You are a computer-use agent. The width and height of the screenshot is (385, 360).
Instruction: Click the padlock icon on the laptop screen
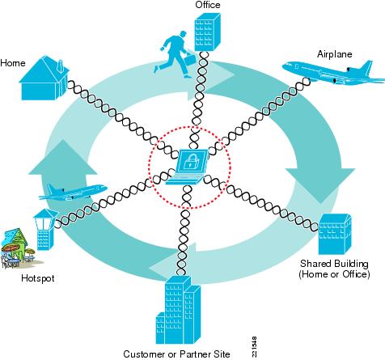click(190, 162)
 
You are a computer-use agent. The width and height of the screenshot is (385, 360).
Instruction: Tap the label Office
click(208, 5)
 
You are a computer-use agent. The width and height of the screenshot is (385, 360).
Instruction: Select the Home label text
click(13, 63)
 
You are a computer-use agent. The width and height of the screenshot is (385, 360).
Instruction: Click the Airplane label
click(335, 54)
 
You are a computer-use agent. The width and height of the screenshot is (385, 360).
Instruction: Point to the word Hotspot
click(38, 278)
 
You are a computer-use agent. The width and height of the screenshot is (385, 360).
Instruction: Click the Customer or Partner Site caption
click(176, 354)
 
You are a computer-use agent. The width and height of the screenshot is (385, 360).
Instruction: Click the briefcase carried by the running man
click(190, 59)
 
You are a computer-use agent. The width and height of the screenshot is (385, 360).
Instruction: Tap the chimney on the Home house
click(61, 66)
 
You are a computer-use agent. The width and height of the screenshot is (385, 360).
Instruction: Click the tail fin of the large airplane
click(367, 67)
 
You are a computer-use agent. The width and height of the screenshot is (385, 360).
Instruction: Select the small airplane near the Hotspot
click(73, 192)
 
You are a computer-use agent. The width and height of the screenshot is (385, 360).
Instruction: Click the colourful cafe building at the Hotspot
click(17, 248)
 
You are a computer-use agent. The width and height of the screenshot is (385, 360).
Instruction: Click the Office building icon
click(207, 32)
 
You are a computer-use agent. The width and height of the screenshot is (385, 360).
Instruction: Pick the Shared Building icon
click(335, 234)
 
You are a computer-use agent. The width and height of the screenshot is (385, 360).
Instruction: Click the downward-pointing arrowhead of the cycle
click(320, 184)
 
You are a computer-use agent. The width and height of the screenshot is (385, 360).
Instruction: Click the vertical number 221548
click(254, 347)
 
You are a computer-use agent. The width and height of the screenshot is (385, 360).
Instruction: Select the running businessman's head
click(183, 35)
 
